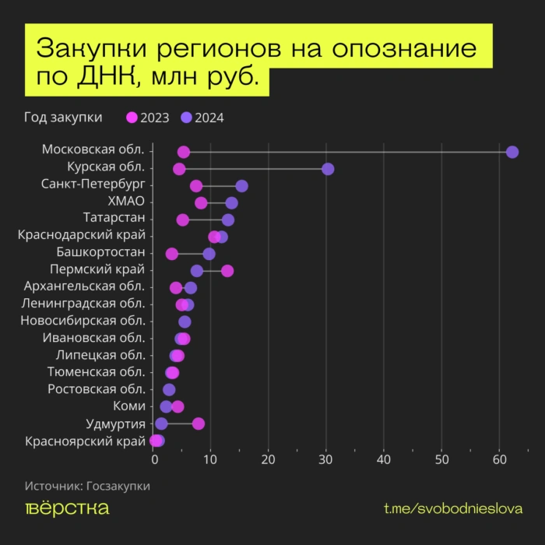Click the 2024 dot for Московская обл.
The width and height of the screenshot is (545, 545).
click(512, 152)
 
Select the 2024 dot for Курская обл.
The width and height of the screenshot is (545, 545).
click(328, 169)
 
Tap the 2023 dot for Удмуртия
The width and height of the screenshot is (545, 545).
click(199, 424)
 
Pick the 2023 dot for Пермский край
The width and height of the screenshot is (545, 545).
click(227, 271)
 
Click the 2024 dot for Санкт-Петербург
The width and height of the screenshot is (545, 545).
click(241, 186)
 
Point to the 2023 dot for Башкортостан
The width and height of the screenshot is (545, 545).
click(171, 254)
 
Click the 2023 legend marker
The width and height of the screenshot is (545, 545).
click(132, 118)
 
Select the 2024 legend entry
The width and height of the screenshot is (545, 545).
click(202, 118)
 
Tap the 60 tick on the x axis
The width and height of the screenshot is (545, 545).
click(498, 460)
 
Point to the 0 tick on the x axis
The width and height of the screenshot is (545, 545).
click(154, 460)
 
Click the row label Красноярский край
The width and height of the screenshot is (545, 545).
click(85, 441)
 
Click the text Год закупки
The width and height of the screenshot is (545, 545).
click(63, 118)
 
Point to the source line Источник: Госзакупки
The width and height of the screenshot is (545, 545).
click(87, 486)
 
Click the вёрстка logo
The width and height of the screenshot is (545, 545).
click(67, 508)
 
